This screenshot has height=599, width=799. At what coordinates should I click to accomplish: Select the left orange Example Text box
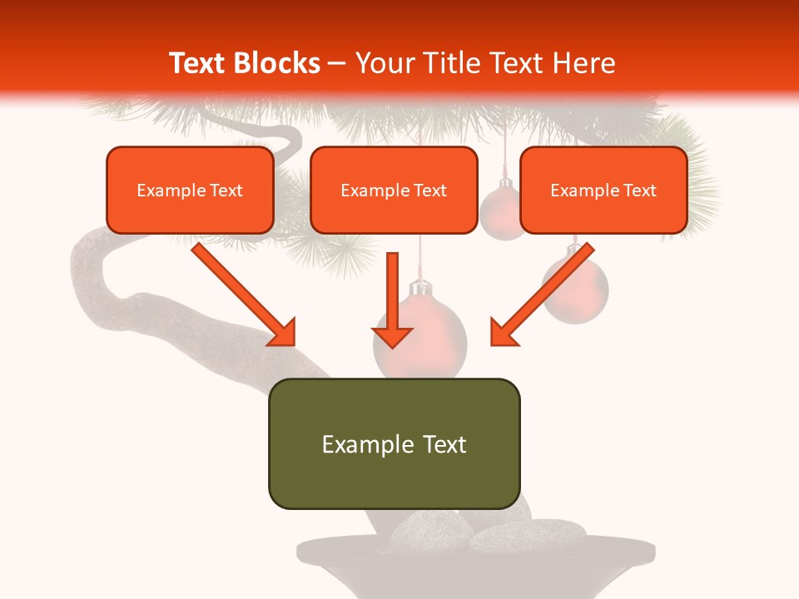[190, 191]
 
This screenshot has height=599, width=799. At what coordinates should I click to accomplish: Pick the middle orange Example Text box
[394, 191]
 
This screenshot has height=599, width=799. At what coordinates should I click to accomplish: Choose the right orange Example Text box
[603, 191]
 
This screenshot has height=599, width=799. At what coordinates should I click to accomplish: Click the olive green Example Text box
[394, 443]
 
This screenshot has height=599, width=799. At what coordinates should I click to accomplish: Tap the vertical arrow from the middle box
[393, 299]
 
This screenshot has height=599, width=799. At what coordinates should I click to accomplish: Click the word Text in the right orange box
[639, 191]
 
